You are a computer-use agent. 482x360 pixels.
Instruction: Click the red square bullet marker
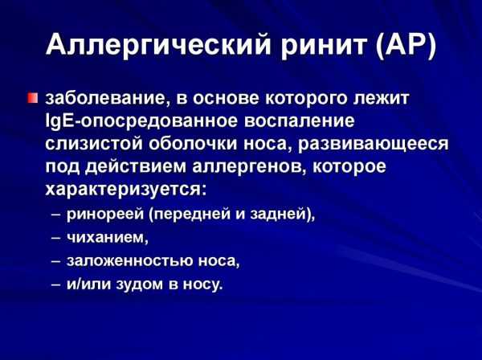tap(32, 98)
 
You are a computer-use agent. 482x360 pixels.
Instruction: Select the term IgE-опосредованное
tap(141, 121)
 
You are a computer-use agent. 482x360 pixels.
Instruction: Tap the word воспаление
tap(300, 121)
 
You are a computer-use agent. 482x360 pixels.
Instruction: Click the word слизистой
tap(94, 144)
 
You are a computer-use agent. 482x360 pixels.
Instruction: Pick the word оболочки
tap(193, 144)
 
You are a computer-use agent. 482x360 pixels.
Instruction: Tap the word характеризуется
tap(125, 190)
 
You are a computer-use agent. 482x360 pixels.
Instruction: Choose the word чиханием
tap(108, 237)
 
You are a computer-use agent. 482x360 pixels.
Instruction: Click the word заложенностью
tap(129, 260)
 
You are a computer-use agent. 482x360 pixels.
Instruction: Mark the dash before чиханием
tap(56, 238)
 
